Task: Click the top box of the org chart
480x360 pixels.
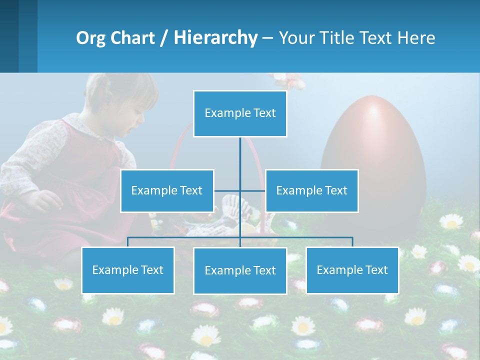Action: pos(240,113)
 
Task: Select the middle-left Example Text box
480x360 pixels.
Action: pos(167,190)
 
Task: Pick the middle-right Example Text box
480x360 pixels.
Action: pos(311,190)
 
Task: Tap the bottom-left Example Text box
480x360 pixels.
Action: pos(128,270)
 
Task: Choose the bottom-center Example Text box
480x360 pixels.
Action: pos(240,270)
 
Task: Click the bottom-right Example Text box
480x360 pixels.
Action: pos(352,270)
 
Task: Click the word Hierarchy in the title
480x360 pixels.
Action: pos(215,38)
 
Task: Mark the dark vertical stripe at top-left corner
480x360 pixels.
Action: pos(9,36)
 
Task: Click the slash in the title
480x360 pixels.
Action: pos(164,38)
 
